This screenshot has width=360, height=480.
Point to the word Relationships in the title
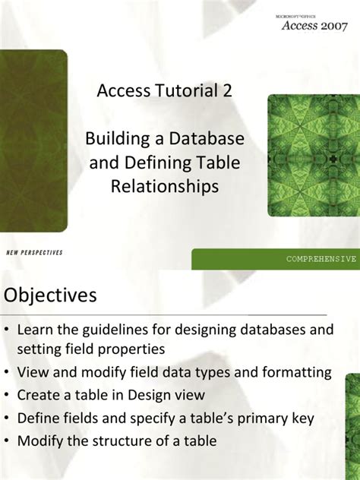(165, 185)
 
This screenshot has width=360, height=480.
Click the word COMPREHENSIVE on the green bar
(321, 259)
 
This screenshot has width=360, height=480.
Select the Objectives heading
(51, 295)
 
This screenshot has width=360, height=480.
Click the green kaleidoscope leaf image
(311, 156)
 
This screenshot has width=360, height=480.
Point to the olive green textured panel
(34, 141)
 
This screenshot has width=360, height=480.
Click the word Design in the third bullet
(157, 395)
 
